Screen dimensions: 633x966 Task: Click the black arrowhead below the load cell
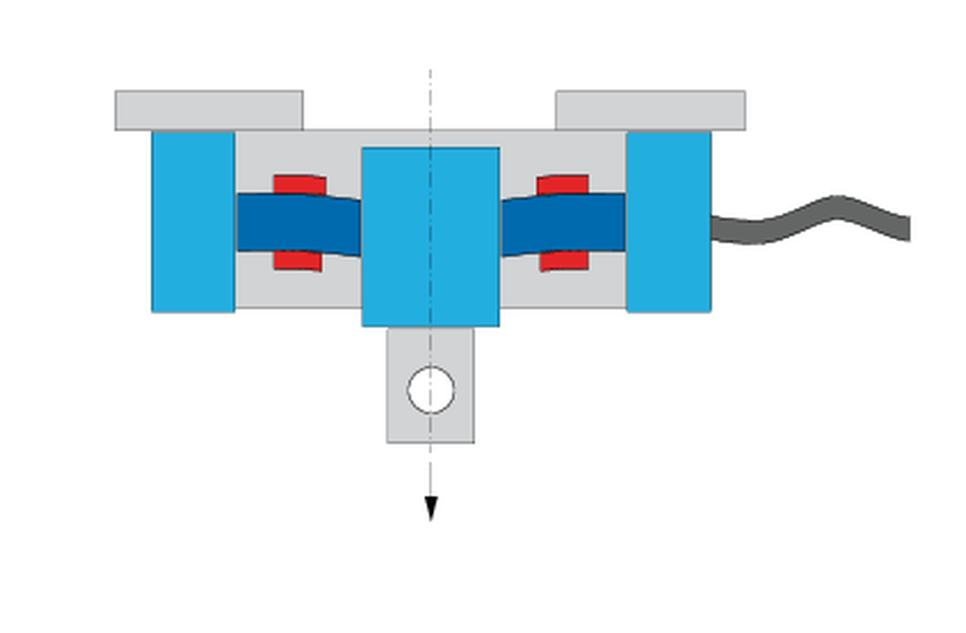[x=431, y=508]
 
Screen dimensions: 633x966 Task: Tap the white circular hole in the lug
[x=431, y=390]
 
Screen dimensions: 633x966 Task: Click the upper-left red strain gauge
[x=299, y=184]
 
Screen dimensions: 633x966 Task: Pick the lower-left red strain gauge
[x=297, y=261]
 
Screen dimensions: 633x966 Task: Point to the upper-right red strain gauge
[x=563, y=184]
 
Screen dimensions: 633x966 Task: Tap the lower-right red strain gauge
[x=564, y=261]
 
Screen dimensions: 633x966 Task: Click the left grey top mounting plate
[x=208, y=110]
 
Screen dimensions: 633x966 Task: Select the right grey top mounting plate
[x=650, y=110]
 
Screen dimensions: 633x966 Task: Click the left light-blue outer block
[x=193, y=221]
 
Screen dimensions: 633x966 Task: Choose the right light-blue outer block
[x=668, y=221]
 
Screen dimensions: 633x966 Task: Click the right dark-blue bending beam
[x=563, y=222]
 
